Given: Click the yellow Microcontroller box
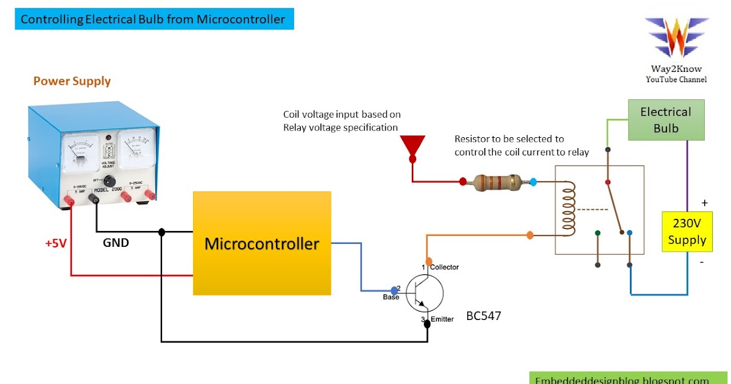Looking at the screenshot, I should [x=262, y=244].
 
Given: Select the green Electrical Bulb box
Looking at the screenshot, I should [x=666, y=120].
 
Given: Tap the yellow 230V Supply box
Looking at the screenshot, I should [x=687, y=231].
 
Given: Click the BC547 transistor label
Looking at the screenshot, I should [x=484, y=316].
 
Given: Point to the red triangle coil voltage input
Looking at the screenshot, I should [x=412, y=147].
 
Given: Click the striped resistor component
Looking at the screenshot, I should [x=498, y=181].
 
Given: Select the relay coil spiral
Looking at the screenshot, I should [x=569, y=210].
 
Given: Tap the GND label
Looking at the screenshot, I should [x=116, y=243].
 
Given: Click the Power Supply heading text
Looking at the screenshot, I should [x=72, y=81].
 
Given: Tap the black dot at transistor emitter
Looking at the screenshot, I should [x=427, y=324].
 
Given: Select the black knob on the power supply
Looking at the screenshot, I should [x=110, y=180].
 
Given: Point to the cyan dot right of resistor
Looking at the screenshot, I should [x=534, y=182].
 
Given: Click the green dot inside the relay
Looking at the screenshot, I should [x=598, y=232].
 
